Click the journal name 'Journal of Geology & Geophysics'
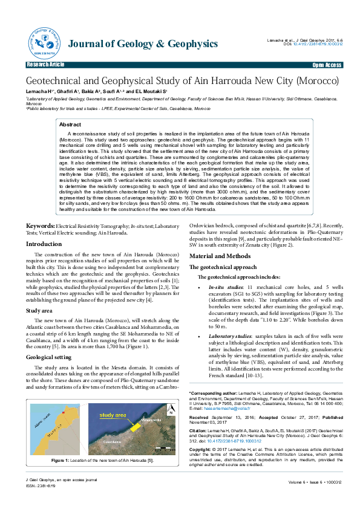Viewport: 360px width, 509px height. (x=143, y=44)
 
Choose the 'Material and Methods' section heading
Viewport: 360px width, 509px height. (x=219, y=256)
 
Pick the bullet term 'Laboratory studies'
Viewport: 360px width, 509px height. (x=227, y=334)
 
